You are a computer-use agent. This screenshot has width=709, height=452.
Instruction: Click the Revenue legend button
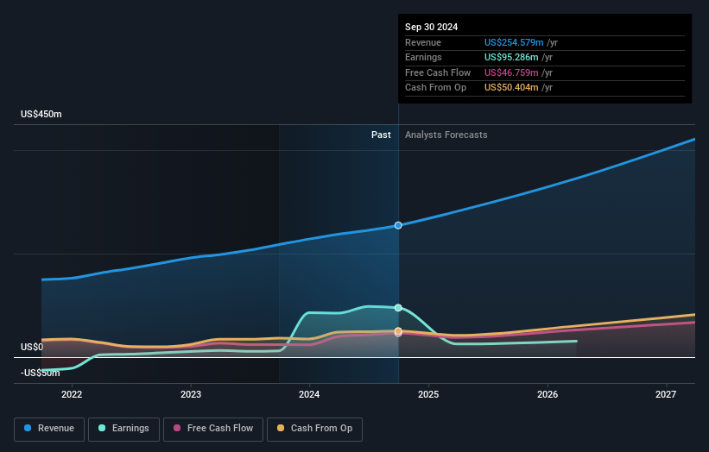pyautogui.click(x=48, y=429)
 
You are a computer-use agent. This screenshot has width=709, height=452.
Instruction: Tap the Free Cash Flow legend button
pyautogui.click(x=207, y=429)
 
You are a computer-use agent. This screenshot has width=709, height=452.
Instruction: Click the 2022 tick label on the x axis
pyautogui.click(x=72, y=394)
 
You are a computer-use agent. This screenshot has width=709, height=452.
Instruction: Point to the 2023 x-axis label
pyautogui.click(x=191, y=394)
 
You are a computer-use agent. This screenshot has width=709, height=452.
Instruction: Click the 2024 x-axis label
pyautogui.click(x=309, y=394)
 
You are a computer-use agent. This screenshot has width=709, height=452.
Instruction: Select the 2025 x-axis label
pyautogui.click(x=428, y=394)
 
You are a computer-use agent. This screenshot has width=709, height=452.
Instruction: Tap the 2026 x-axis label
pyautogui.click(x=547, y=394)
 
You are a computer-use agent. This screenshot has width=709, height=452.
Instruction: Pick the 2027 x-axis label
pyautogui.click(x=666, y=394)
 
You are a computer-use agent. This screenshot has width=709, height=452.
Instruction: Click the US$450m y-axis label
pyautogui.click(x=41, y=115)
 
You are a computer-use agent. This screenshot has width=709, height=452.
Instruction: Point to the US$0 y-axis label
pyautogui.click(x=32, y=347)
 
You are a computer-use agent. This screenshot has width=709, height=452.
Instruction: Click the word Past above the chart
pyautogui.click(x=381, y=135)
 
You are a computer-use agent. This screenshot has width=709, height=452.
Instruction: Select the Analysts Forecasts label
pyautogui.click(x=446, y=135)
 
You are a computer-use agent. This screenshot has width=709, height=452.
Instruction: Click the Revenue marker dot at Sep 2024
pyautogui.click(x=398, y=225)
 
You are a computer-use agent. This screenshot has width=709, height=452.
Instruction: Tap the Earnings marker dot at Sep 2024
pyautogui.click(x=398, y=307)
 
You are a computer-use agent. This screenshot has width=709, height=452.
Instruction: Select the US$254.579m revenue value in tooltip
pyautogui.click(x=514, y=42)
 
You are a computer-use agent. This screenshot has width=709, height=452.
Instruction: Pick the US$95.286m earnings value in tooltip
pyautogui.click(x=511, y=57)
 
